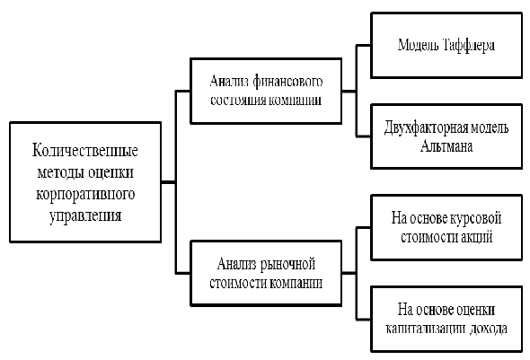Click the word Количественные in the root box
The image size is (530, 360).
(84, 150)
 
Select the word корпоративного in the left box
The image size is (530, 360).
(85, 195)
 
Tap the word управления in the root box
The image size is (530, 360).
(85, 216)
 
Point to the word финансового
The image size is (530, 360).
(287, 82)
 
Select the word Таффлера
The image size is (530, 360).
(468, 45)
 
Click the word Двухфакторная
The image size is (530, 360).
(426, 128)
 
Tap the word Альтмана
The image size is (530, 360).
(446, 146)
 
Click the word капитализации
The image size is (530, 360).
(425, 329)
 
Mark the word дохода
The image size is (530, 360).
(488, 329)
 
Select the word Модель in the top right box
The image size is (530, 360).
(418, 45)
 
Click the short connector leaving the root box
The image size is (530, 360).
(168, 182)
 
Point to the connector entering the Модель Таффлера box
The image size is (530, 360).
(364, 45)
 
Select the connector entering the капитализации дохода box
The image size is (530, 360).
(364, 319)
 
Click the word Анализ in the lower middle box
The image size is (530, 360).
(237, 264)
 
